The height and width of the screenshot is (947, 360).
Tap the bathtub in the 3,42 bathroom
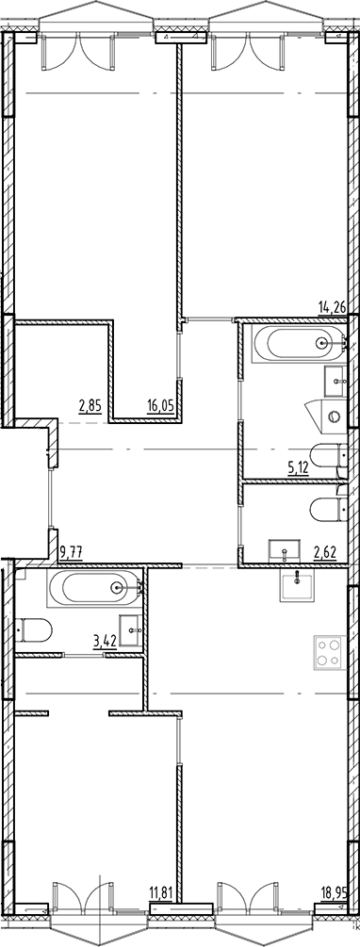(92, 589)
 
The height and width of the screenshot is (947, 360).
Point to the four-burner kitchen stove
(327, 653)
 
